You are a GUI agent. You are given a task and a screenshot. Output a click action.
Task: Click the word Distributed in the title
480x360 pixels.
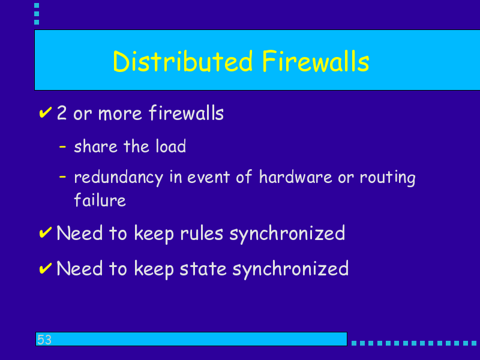click(x=183, y=62)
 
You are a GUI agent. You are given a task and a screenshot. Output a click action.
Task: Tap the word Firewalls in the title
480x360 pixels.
click(x=316, y=62)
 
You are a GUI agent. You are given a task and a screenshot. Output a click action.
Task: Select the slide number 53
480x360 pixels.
click(x=44, y=340)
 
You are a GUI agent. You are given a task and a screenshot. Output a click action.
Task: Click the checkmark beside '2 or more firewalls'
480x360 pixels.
click(x=46, y=112)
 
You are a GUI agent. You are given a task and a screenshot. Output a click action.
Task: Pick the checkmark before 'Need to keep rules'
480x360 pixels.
click(x=46, y=233)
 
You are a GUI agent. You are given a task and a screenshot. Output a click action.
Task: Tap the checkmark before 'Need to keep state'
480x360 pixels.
click(x=46, y=268)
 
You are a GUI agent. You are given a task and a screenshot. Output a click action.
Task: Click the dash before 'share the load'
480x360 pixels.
click(x=62, y=146)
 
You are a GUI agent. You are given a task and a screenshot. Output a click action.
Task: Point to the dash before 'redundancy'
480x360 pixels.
click(x=62, y=176)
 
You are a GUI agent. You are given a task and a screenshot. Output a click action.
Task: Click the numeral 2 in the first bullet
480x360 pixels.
click(x=62, y=113)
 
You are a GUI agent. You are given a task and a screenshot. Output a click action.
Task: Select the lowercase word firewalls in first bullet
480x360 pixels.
click(x=187, y=113)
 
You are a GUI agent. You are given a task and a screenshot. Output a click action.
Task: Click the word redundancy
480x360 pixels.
click(x=119, y=178)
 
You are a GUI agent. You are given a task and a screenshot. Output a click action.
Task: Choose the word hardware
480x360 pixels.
click(x=296, y=176)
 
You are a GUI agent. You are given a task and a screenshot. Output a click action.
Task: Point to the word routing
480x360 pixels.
click(x=388, y=178)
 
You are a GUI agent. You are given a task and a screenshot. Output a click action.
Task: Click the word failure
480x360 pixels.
click(x=100, y=200)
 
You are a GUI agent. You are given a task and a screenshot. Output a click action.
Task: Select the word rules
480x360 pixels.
click(x=202, y=233)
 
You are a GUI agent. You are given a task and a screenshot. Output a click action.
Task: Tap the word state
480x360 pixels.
click(x=203, y=269)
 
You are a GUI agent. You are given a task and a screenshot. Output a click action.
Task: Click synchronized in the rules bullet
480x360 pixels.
click(x=287, y=234)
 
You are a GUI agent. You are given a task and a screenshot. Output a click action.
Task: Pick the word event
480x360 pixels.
click(x=208, y=177)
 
